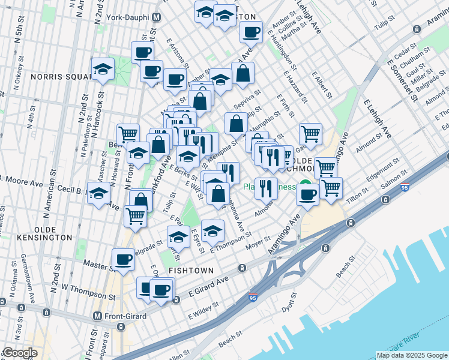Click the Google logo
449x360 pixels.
pos(19,353)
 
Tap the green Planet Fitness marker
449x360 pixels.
pos(305,186)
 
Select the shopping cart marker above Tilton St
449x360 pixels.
pos(331,188)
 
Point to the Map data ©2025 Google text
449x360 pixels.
pos(411,355)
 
